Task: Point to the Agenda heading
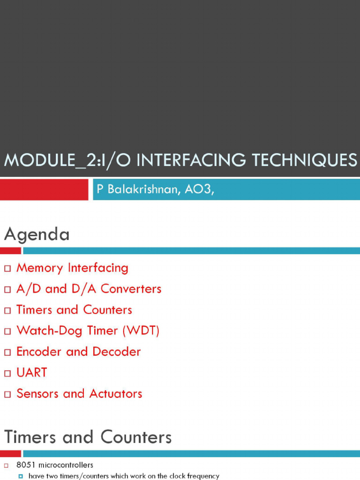pos(37,234)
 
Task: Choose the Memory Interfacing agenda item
pos(72,268)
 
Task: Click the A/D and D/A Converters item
pos(89,289)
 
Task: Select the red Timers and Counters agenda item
pos(74,310)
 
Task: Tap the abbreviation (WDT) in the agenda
pos(141,331)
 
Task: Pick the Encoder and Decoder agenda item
pos(78,352)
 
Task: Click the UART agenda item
pos(31,373)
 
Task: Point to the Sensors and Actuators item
pos(79,394)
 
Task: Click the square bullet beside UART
pos(7,374)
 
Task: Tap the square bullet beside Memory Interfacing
pos(7,269)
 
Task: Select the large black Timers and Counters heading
pos(88,437)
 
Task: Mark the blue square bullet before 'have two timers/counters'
pos(21,476)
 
